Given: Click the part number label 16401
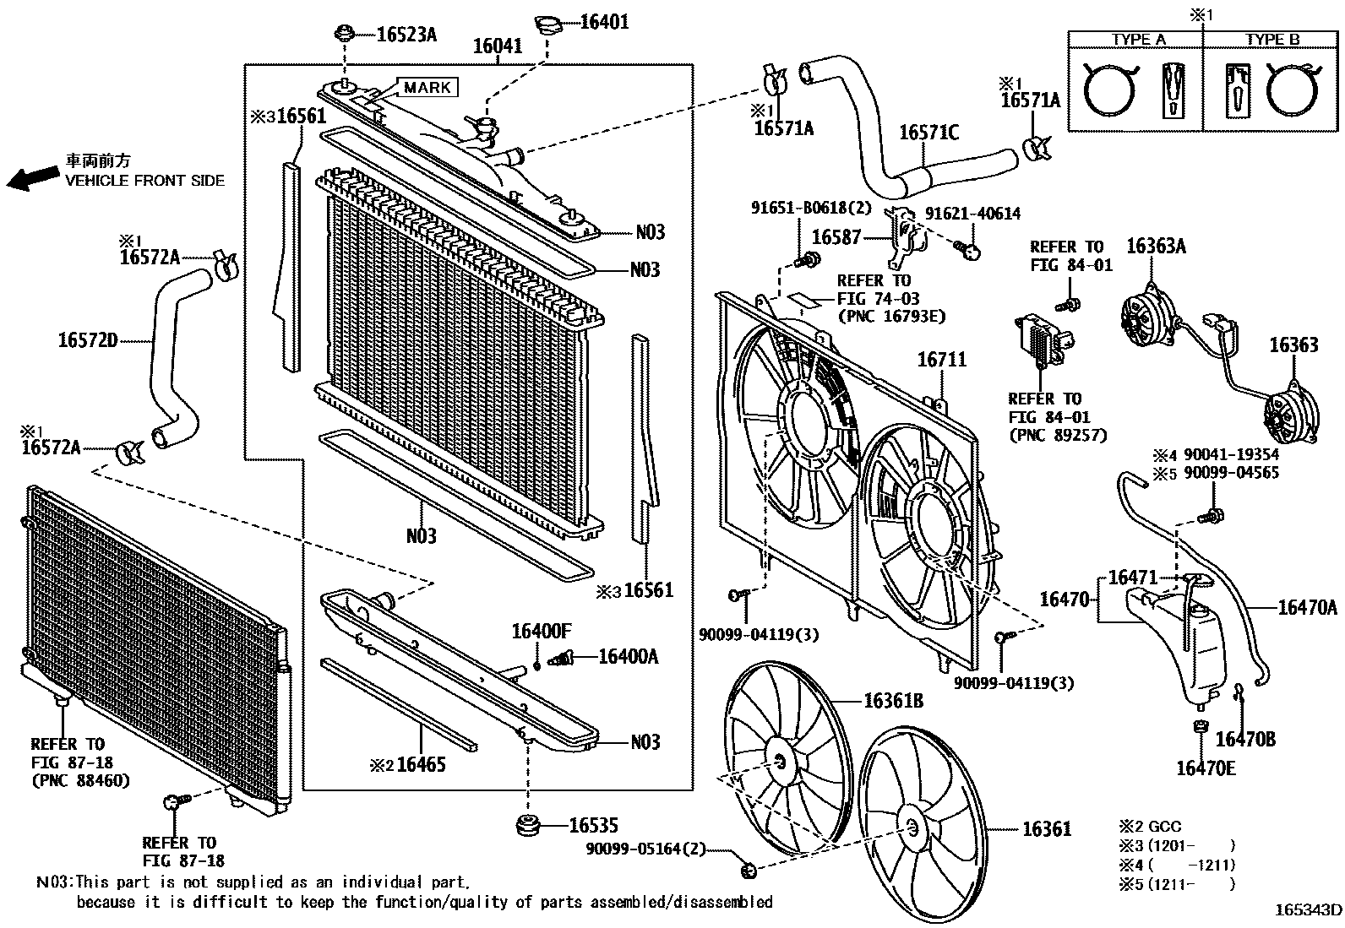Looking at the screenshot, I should click(x=604, y=21).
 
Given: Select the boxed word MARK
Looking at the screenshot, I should click(x=427, y=87).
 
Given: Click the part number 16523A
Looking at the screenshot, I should click(x=406, y=35).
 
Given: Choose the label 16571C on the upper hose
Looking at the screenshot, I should click(x=928, y=133).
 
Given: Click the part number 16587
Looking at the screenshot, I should click(x=836, y=236).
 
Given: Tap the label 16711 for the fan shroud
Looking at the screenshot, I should click(x=942, y=361).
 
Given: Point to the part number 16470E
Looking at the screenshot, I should click(x=1206, y=768).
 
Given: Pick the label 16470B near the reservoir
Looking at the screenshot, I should click(x=1245, y=740).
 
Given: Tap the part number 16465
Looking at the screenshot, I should click(x=421, y=765).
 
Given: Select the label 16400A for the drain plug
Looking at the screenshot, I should click(x=628, y=656).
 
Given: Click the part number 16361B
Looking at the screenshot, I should click(x=893, y=700).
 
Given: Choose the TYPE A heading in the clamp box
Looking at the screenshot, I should click(x=1137, y=40).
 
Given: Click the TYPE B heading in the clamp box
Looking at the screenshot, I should click(x=1272, y=40).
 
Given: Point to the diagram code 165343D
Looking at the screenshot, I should click(x=1308, y=909).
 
